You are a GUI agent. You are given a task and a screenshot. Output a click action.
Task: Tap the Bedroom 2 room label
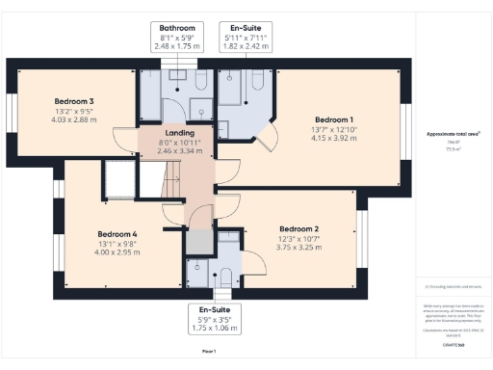coord(298,229)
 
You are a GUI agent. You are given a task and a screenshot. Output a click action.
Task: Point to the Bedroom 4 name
coord(117,233)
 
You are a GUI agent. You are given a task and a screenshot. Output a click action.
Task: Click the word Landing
coord(180,133)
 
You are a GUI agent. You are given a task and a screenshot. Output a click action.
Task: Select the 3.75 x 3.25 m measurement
coord(298,247)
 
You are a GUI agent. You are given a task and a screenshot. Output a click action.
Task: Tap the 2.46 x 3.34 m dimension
coord(180,150)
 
